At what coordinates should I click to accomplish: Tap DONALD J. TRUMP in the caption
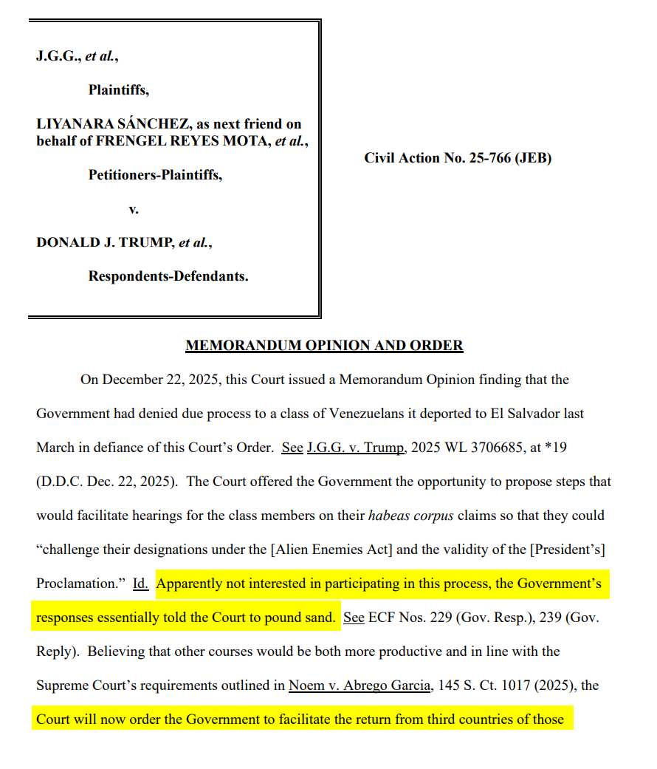coord(105,242)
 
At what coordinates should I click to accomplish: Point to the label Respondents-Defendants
coord(168,276)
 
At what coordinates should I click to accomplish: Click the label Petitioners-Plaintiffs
coord(155,174)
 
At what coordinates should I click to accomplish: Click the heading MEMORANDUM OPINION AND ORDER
coord(324,346)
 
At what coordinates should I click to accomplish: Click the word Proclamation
coord(78,584)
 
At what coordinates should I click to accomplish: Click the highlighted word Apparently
coord(193,584)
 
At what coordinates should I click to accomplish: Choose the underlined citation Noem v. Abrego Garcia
coord(360,686)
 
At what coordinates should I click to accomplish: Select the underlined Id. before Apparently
coord(140,584)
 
